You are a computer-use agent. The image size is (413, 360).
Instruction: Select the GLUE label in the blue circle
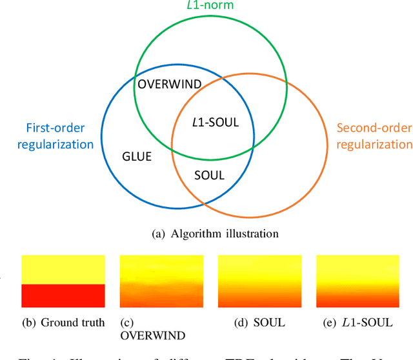tap(137, 155)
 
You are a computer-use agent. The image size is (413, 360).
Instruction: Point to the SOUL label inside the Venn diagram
tap(209, 175)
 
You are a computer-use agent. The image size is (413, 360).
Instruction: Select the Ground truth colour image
tap(63, 281)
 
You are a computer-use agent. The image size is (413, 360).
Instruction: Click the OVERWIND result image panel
tap(161, 281)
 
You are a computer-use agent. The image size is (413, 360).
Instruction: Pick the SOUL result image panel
tap(259, 281)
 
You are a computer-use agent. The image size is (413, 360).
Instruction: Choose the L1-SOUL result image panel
tap(357, 281)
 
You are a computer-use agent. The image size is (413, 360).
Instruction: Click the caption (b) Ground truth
tap(63, 322)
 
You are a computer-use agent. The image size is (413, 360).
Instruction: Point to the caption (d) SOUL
tap(259, 322)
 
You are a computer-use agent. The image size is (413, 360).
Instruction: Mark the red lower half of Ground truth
tap(63, 295)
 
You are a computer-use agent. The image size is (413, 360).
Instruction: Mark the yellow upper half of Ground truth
tap(63, 269)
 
